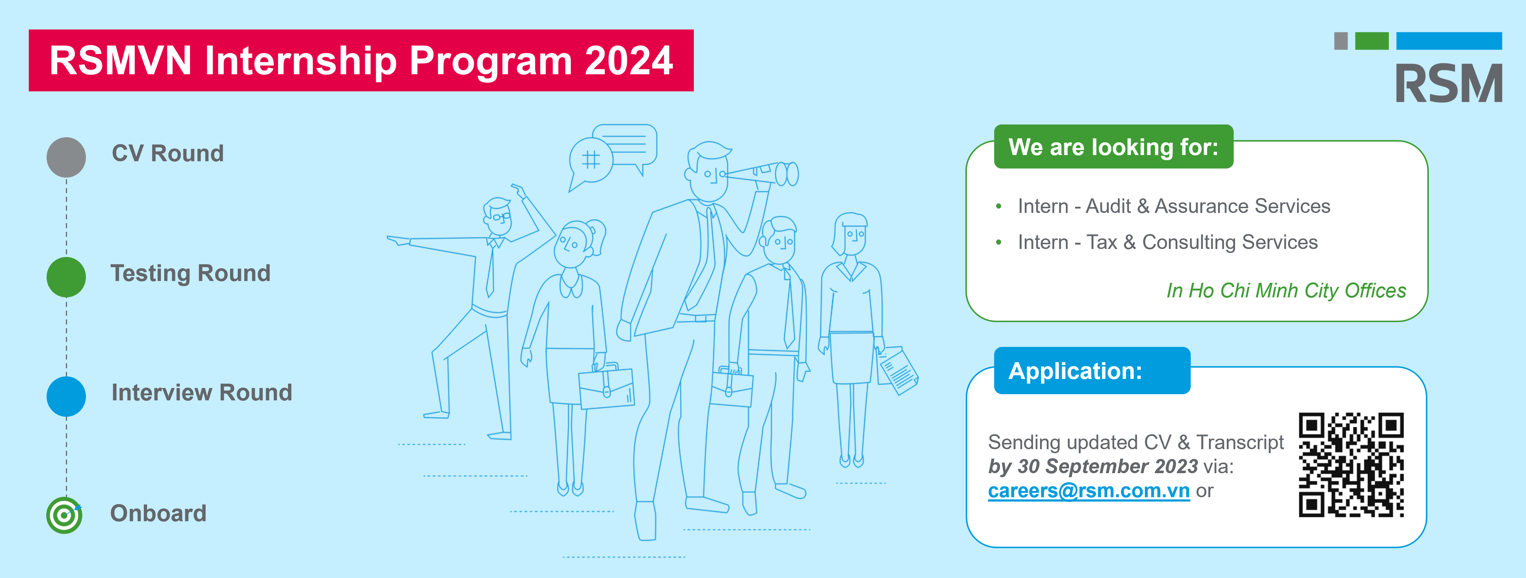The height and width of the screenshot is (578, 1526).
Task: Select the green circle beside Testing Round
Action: coord(66,277)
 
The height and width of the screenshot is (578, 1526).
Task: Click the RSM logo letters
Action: coord(1449,83)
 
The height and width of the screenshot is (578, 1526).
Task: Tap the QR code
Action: coord(1351,465)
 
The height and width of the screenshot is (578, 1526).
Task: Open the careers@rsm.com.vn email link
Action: coord(1089,491)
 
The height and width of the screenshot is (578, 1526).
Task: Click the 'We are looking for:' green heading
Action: coord(1114,147)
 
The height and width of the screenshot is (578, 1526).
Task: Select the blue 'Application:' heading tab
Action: coord(1092,371)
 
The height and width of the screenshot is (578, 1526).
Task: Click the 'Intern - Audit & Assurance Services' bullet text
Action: coord(1174,206)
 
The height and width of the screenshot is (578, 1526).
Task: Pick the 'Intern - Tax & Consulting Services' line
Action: coord(1167,242)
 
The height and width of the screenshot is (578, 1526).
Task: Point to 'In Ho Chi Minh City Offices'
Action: coord(1286,291)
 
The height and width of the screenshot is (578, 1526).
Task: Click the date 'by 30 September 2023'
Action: coord(1093,467)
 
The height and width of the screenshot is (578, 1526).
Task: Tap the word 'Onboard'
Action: coord(158,514)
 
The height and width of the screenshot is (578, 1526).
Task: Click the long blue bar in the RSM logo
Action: coord(1449,41)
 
